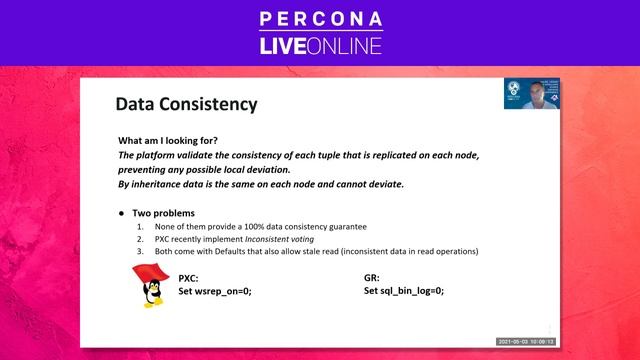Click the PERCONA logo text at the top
coord(319,19)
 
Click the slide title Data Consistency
coord(186,104)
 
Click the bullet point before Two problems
coord(121,213)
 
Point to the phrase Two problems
coord(165,213)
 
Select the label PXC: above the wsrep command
coord(189,277)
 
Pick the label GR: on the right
coord(373,277)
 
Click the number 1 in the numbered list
coord(140,227)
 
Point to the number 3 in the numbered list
coord(140,251)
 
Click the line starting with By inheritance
coord(261,184)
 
